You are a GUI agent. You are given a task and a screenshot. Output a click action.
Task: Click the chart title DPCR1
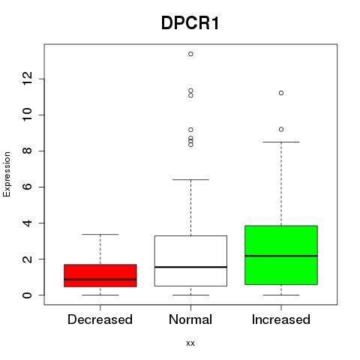[x=190, y=23]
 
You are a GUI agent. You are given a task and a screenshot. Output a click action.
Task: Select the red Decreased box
[x=100, y=275]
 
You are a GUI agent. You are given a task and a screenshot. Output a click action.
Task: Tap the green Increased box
[x=281, y=255]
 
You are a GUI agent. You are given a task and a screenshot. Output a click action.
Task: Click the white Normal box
[x=190, y=261]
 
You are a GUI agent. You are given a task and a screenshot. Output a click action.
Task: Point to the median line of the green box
[x=281, y=256]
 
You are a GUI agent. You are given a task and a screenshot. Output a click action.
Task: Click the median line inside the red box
[x=100, y=279]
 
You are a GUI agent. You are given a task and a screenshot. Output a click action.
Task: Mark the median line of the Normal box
[x=190, y=267]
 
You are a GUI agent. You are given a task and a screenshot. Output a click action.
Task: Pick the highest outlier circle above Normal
[x=190, y=54]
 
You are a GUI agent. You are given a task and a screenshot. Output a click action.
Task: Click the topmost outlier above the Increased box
[x=281, y=93]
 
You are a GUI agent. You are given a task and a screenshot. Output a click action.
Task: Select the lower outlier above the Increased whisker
[x=281, y=130]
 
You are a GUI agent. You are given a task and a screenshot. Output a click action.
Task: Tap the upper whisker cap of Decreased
[x=100, y=234]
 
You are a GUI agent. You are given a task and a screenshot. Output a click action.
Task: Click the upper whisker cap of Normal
[x=190, y=179]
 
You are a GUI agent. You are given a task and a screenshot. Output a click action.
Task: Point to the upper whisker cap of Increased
[x=281, y=142]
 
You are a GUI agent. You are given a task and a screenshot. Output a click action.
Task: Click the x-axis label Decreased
[x=100, y=319]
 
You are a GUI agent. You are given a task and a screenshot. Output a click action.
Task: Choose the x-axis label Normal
[x=190, y=319]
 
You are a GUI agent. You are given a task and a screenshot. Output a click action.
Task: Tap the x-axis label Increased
[x=281, y=319]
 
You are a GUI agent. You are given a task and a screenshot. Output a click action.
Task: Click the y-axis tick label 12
[x=27, y=79]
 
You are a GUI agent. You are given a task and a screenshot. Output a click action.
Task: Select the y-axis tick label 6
[x=27, y=187]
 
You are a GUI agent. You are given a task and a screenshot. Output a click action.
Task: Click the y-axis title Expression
[x=7, y=174]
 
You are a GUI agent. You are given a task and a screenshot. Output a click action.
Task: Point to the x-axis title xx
[x=190, y=343]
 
